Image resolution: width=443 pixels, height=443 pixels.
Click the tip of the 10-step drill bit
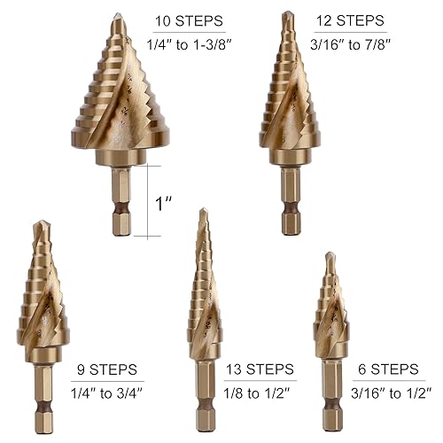[x=119, y=16]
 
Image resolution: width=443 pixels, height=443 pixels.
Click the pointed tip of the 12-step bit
[x=287, y=13]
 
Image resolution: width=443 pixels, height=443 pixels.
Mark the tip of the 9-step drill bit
[x=38, y=223]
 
